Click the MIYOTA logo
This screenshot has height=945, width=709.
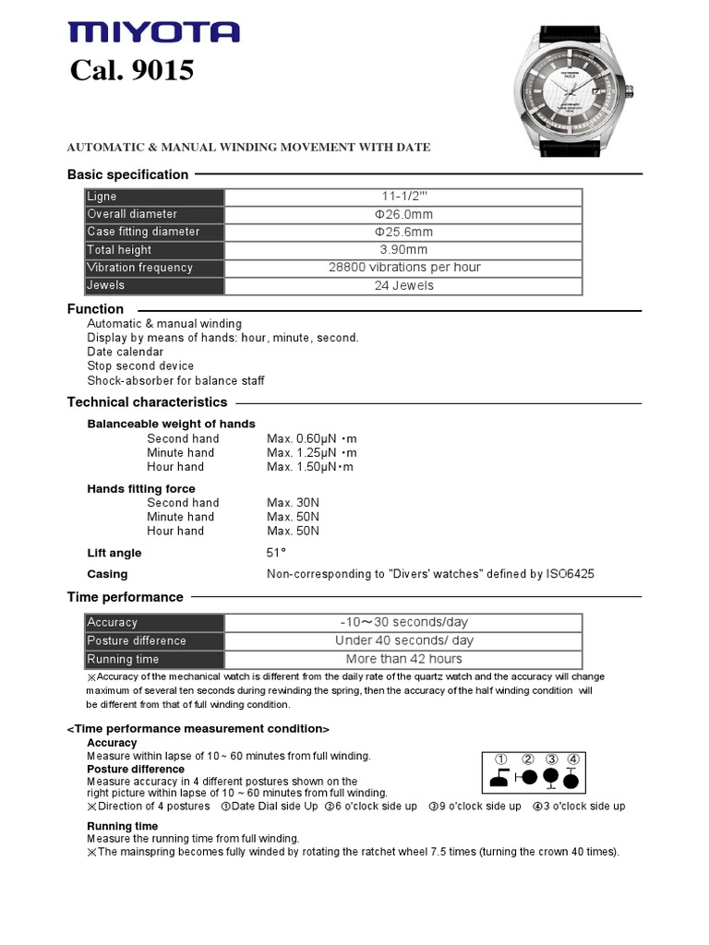tap(153, 33)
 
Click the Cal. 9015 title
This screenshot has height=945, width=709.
tap(132, 70)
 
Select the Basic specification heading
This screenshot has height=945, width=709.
tap(127, 174)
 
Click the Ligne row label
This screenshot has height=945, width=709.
tap(102, 197)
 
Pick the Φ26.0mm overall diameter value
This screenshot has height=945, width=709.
tap(403, 214)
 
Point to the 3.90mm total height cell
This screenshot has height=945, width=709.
tap(403, 250)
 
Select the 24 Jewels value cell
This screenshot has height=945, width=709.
tap(403, 286)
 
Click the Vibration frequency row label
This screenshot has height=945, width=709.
tap(139, 268)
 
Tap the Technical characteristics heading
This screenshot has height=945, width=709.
tap(147, 402)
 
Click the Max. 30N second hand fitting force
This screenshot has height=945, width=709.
tap(294, 503)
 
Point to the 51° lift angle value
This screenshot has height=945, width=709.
tap(277, 552)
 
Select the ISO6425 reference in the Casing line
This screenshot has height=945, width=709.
tap(571, 574)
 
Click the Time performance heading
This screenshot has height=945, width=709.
tap(125, 597)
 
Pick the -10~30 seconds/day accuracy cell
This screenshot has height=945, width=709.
tap(403, 622)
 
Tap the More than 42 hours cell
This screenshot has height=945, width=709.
tap(403, 659)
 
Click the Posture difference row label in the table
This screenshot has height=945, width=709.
tap(137, 640)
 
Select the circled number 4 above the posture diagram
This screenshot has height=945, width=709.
tap(573, 760)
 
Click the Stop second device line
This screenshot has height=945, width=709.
tap(140, 366)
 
